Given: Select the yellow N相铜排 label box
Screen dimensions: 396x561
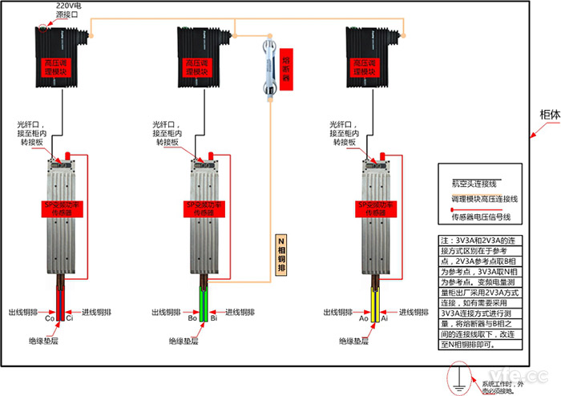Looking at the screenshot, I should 280,256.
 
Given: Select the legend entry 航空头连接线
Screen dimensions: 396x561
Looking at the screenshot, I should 475,183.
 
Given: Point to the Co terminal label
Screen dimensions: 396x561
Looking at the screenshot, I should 49,318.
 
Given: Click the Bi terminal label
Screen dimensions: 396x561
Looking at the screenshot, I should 214,318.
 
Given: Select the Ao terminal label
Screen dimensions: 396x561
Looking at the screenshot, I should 363,318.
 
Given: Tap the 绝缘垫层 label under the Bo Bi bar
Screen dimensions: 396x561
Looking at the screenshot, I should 184,341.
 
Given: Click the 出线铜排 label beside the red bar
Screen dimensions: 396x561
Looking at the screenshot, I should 24,311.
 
